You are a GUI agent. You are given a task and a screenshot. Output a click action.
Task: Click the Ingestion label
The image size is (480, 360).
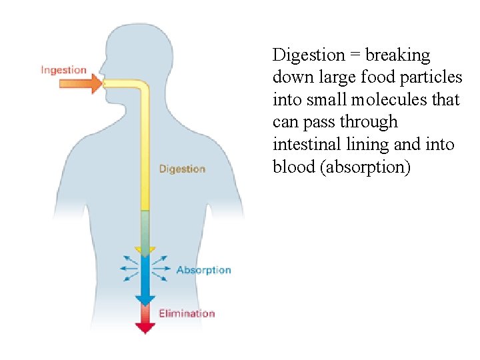[63, 69]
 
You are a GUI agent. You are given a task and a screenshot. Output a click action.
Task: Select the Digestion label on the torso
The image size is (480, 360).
[182, 169]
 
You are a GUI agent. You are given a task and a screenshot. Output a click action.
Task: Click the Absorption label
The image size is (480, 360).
[203, 270]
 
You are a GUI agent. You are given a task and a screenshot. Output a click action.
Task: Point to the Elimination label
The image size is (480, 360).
[187, 313]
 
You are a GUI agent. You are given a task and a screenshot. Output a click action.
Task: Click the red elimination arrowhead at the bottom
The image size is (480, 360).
[145, 327]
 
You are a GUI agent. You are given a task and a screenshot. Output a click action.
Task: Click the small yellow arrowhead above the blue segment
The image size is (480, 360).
[145, 251]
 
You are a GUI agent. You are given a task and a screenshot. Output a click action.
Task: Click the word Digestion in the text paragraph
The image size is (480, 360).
[307, 55]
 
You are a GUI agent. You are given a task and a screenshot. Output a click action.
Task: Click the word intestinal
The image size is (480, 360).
[305, 144]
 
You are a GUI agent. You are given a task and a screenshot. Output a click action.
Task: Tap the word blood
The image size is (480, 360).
[294, 167]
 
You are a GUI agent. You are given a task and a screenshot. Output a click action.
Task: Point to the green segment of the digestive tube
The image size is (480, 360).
[145, 227]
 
